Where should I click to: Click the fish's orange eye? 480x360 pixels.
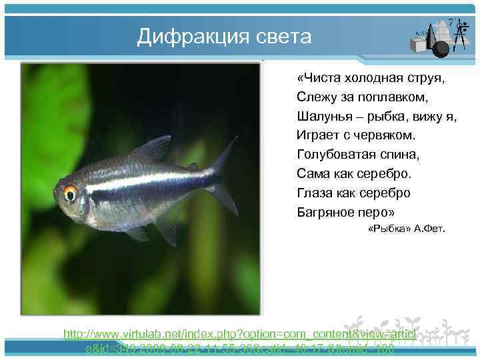point(70,193)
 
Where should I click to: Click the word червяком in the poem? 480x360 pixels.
point(386,135)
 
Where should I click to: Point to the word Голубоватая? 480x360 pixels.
point(339,155)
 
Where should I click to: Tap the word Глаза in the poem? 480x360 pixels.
point(316,193)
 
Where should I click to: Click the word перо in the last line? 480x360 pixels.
point(378,213)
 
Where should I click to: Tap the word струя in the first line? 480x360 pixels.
point(427,78)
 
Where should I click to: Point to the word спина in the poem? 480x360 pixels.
point(402,155)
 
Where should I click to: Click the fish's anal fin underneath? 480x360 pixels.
point(163,223)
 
